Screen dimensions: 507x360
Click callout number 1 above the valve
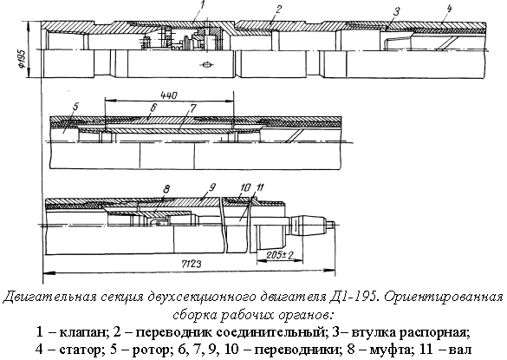tap(203, 5)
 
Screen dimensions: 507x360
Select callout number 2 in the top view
tap(277, 10)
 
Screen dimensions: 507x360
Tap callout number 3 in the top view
tap(396, 12)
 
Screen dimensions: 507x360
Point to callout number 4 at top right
tap(449, 9)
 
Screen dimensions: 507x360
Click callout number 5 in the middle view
tap(76, 107)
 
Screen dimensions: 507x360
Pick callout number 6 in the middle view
tap(153, 107)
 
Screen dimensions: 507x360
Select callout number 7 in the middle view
tap(192, 108)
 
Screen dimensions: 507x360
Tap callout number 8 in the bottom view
tap(166, 189)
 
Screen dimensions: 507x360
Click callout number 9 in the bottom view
tap(212, 187)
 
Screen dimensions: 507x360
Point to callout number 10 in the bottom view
tap(245, 187)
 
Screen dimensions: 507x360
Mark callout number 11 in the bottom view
tap(260, 187)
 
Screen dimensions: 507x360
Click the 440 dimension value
tap(169, 95)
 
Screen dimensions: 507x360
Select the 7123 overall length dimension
tap(190, 264)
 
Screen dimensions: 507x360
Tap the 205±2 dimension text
tap(280, 255)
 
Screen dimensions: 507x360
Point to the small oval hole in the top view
tap(206, 65)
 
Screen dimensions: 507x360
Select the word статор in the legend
tap(81, 350)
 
